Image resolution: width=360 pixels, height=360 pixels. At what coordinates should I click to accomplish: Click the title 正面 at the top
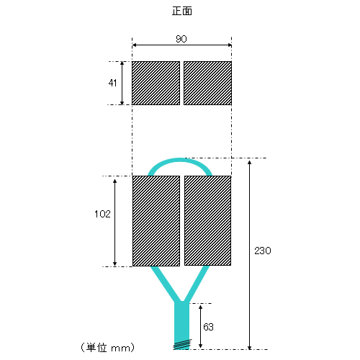tap(182, 12)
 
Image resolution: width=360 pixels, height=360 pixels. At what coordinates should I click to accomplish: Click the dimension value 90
tap(181, 39)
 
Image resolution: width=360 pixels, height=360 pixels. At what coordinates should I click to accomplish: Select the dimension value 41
tap(112, 83)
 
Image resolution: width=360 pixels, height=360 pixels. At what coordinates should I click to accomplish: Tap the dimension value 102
tap(102, 214)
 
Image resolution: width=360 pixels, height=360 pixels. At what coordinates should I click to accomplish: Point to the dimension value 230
tap(263, 251)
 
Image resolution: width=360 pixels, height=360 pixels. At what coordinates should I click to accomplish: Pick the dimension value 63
tap(208, 327)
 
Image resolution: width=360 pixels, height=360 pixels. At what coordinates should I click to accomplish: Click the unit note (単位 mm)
tap(107, 348)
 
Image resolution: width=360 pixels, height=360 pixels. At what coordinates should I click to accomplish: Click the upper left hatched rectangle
tap(156, 83)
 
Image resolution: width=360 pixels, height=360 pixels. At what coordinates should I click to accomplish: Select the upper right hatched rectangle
tap(207, 83)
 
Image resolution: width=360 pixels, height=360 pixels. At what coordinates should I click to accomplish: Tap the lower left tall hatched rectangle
tap(156, 221)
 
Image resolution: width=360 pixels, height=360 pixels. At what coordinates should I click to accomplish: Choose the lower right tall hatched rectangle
tap(207, 220)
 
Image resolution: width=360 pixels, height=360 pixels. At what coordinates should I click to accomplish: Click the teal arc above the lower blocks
tap(180, 160)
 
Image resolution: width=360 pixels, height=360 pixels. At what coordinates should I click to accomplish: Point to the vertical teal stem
tap(182, 324)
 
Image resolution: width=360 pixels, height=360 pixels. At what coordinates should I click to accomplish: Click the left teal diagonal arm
tap(164, 283)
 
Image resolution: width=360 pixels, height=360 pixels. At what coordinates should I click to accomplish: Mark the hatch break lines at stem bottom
tap(182, 344)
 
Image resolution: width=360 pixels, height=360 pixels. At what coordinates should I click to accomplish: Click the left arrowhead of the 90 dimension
tap(134, 45)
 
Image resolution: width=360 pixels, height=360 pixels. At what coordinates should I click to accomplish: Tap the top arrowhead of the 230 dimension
tap(250, 163)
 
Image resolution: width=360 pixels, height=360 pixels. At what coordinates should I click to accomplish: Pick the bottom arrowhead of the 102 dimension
tap(114, 264)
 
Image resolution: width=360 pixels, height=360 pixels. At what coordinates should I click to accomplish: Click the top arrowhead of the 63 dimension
tap(201, 307)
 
